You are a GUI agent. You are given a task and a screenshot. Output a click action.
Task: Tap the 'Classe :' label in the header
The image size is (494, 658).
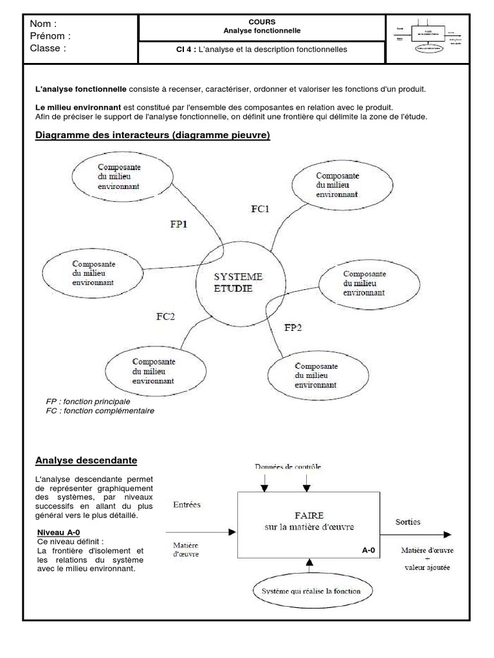coord(48,48)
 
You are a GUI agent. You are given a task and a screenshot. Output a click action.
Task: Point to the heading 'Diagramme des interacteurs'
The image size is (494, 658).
coord(152,135)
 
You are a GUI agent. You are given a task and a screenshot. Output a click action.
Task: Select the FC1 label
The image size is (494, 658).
coord(261,208)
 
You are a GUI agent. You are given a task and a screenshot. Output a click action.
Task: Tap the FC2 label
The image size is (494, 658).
coord(165,316)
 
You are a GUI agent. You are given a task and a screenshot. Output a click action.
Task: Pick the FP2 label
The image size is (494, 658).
coord(293,327)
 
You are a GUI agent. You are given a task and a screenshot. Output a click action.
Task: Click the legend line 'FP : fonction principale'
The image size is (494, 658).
coord(88,401)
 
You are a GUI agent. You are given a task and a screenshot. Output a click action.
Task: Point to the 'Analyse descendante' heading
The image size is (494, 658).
coord(86,460)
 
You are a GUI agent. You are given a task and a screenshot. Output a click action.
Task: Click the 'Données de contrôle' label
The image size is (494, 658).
coord(288,466)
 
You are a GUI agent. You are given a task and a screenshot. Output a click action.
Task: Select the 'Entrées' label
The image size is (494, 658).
coord(187,504)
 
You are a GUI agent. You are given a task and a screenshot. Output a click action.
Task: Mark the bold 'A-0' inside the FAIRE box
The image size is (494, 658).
coord(369,550)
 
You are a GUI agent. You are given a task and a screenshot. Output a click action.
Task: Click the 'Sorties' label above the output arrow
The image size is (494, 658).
coord(408,522)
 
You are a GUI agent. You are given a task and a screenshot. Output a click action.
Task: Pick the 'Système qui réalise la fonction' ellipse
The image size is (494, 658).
coord(311,591)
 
